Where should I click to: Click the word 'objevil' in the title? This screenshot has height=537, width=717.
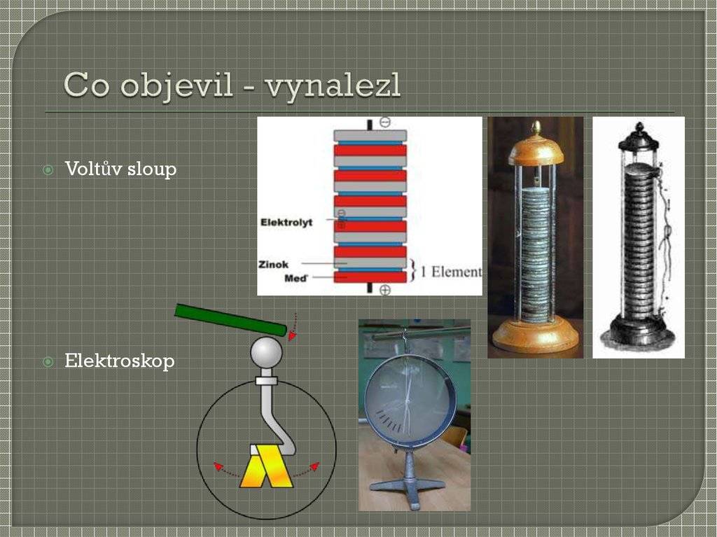[x=178, y=86]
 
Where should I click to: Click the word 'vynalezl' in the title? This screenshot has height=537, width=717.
[x=333, y=86]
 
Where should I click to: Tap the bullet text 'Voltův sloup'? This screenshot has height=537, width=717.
[x=120, y=169]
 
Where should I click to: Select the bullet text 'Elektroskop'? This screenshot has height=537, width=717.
[x=120, y=361]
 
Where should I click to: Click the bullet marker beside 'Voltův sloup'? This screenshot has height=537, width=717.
[x=48, y=170]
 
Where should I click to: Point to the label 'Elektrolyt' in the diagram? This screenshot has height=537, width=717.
[x=286, y=223]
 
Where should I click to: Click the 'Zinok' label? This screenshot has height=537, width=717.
[x=274, y=265]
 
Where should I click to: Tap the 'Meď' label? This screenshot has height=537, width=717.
[x=296, y=278]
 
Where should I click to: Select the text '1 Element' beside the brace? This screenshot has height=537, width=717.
[x=451, y=272]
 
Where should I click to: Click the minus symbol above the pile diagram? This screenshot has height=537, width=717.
[x=385, y=122]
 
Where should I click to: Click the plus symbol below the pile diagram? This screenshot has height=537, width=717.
[x=385, y=290]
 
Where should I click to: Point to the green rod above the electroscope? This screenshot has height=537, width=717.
[x=231, y=319]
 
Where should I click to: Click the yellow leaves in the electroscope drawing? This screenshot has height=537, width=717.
[x=267, y=466]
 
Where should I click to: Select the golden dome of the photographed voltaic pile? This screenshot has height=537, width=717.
[x=536, y=148]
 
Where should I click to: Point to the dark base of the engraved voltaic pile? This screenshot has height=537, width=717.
[x=637, y=333]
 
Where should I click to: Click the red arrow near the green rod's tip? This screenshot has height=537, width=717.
[x=294, y=326]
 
